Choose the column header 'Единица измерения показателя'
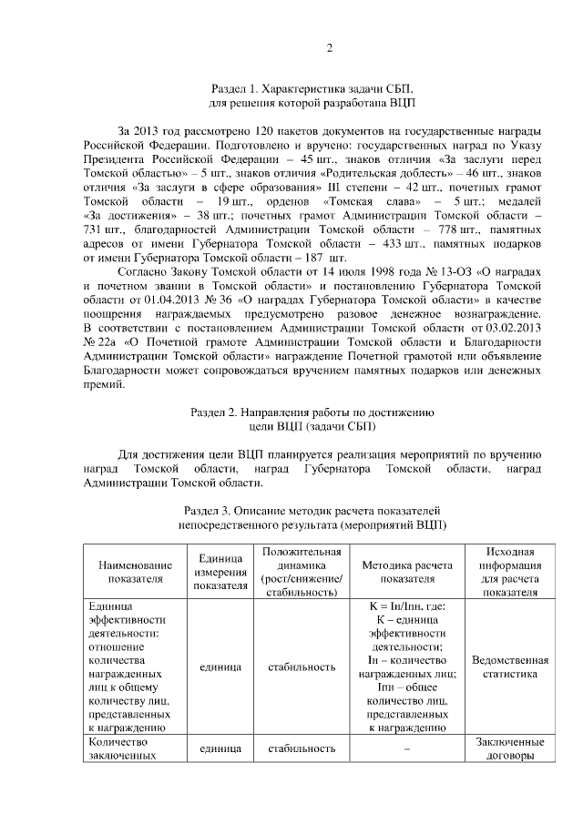[219, 571]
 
